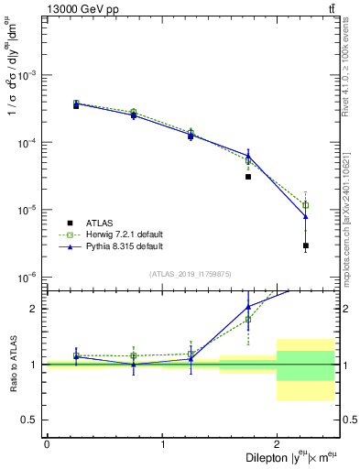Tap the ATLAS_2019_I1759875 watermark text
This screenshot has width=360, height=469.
[191, 273]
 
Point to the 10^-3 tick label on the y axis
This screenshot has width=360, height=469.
[28, 75]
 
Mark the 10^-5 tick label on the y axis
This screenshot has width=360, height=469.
[28, 210]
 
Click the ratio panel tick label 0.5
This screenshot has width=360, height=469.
[33, 420]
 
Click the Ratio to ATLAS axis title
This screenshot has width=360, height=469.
[12, 364]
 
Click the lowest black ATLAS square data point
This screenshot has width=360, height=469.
[305, 245]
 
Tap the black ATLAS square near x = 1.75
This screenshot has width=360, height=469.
[248, 177]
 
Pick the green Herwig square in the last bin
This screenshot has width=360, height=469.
[305, 205]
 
